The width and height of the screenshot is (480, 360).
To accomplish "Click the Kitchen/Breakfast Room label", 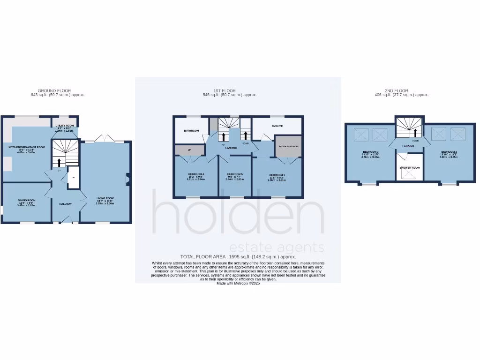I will coord(27,147).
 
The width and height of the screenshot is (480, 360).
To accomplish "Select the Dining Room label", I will coord(27,200).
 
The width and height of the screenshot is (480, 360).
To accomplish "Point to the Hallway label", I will coord(65,204).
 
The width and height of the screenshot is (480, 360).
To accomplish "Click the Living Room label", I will coord(105,198).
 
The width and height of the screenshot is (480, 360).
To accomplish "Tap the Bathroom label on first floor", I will coord(191,131).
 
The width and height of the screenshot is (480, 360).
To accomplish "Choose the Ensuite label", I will coord(277,127).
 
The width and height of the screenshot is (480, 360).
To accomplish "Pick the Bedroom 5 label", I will coord(234,174).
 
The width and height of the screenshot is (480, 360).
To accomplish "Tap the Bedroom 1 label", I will coord(277,175).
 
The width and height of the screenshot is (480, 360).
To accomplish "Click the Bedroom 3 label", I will coord(370,152).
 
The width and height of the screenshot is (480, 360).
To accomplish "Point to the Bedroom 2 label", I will coord(449,152).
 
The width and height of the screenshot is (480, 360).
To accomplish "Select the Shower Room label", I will coord(409,167).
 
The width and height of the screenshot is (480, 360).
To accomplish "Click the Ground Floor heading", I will coord(54,90).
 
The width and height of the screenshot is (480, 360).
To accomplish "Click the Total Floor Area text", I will coord(238,257).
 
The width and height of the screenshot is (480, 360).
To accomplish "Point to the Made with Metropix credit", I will coord(238,283).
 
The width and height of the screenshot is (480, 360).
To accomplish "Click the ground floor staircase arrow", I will coord(60,162).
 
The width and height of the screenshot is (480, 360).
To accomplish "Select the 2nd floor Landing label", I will coord(408,146).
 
